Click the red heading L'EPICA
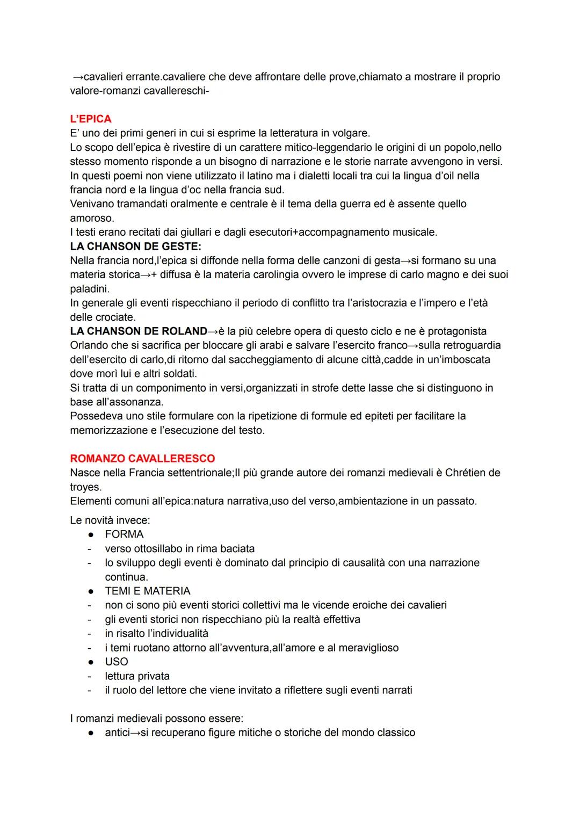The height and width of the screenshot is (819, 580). coord(91,119)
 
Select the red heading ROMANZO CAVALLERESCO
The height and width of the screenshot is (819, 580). coord(142,459)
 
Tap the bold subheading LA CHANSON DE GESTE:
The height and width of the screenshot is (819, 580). coord(135,247)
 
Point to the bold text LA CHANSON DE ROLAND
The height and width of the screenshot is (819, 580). coord(139,331)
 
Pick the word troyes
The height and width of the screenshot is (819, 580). coord(85,487)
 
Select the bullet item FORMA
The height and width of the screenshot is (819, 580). coord(124,534)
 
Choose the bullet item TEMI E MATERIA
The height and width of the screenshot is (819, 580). coord(148,591)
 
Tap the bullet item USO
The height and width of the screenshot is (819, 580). coord(117,662)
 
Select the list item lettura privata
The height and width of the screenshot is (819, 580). coord(137,676)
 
